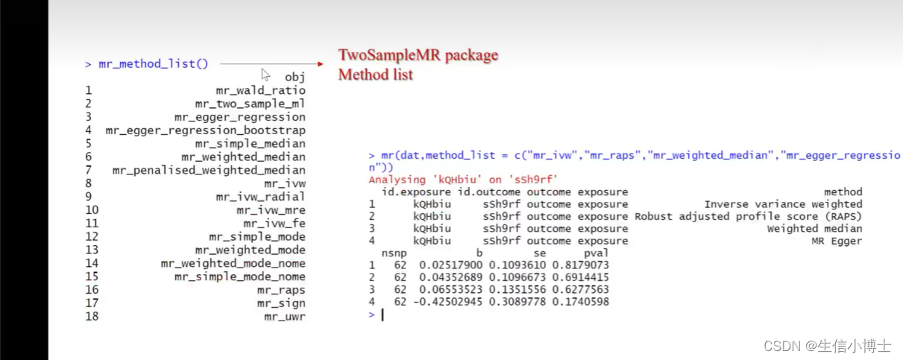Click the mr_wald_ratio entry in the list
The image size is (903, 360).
260,90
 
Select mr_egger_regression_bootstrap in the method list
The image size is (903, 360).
205,130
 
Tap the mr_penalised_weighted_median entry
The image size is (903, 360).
209,170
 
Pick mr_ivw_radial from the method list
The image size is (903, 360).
260,197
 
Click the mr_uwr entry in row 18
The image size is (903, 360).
284,317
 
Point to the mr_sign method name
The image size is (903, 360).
281,303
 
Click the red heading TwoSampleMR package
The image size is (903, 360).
418,55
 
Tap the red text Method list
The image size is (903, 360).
375,75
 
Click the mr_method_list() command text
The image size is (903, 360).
153,64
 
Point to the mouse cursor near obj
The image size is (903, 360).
265,74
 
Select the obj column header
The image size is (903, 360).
295,77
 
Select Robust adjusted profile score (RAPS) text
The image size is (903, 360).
748,216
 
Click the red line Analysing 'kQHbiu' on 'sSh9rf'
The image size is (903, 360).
462,180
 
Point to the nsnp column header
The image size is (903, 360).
394,253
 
